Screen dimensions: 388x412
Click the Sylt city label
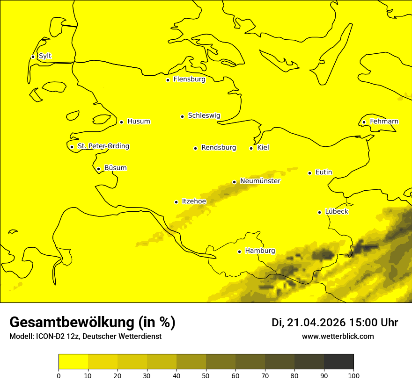coord(45,56)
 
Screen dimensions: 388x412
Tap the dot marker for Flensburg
coord(168,80)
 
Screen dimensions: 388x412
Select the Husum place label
coord(139,122)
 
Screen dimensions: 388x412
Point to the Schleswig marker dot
coord(182,116)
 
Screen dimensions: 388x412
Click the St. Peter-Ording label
coord(103,146)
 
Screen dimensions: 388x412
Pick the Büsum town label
coord(115,168)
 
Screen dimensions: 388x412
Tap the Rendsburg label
coord(219,148)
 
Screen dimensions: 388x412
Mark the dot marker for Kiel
coord(251,148)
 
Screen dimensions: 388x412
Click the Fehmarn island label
coord(384,122)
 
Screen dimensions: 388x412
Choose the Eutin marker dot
coord(309,173)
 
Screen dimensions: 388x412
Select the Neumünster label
coord(260,181)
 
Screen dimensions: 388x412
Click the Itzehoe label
coord(194,201)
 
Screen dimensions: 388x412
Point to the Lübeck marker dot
coord(320,212)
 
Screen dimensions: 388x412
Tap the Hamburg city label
coord(260,251)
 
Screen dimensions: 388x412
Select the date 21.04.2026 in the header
coord(316,323)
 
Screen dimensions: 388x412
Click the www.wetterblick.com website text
coord(338,337)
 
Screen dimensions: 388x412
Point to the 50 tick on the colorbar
coord(206,375)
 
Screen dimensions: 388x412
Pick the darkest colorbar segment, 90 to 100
coord(338,361)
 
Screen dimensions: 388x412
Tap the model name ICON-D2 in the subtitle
coord(47,337)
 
